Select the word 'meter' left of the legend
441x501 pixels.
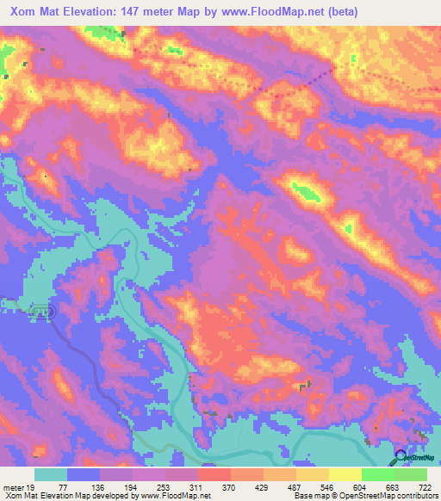click(12, 486)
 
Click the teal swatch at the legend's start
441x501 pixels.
click(51, 474)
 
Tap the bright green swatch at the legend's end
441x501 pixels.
click(411, 474)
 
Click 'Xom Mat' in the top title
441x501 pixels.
click(32, 12)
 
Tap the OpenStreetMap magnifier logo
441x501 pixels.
click(401, 457)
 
